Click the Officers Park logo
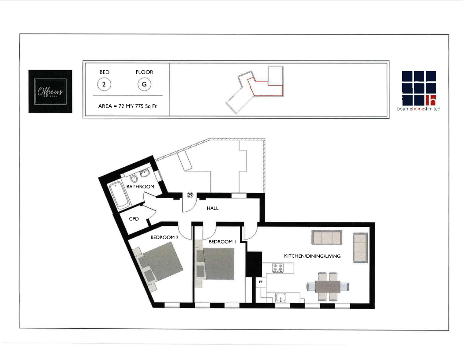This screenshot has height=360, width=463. (50, 91)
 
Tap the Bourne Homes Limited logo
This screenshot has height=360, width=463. (418, 91)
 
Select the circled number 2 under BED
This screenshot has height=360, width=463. (104, 84)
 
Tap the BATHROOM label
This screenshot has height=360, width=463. (140, 187)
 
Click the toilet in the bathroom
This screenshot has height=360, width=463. (134, 178)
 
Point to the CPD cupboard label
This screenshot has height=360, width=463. (134, 218)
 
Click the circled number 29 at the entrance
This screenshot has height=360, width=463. (190, 195)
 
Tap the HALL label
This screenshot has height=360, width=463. (213, 208)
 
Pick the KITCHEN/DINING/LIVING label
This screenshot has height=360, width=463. (312, 256)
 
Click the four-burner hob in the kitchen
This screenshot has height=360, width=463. (278, 268)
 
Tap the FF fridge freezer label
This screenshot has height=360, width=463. (261, 281)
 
